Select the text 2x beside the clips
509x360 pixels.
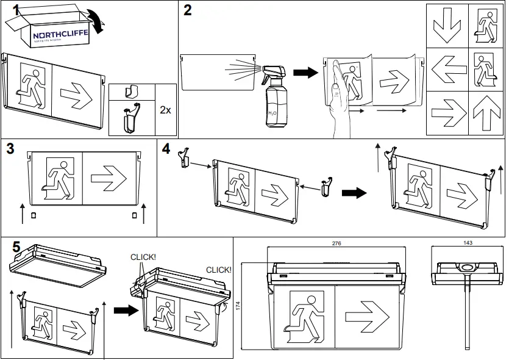(165, 110)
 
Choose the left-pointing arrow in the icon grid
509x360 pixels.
(446, 69)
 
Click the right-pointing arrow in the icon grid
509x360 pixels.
(446, 112)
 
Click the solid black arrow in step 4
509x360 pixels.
(354, 192)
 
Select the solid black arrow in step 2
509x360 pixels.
(304, 73)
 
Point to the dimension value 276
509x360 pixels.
(336, 243)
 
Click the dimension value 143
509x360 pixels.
(467, 243)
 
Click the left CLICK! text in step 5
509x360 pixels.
(143, 257)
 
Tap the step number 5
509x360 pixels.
(17, 247)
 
